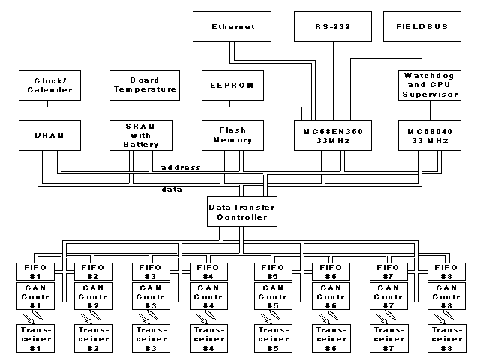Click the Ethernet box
coord(232,26)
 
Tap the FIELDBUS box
coord(421,26)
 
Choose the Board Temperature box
coord(143,85)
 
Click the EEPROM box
coord(232,85)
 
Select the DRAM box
coord(48,135)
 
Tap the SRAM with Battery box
coord(143,135)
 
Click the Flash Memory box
coord(232,135)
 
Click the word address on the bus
coord(181,167)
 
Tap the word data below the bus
coord(172,190)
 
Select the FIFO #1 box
coord(32,271)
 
